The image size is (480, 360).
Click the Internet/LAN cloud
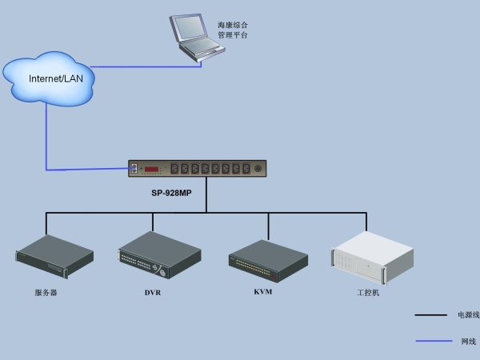tap(50, 77)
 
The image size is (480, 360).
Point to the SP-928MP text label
tap(172, 193)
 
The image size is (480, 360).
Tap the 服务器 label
tap(46, 293)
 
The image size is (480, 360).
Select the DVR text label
tap(153, 293)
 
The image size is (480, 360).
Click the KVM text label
tap(263, 292)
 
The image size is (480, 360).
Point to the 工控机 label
tap(368, 293)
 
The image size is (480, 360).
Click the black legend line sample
tap(430, 315)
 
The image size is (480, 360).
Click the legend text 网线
tap(468, 342)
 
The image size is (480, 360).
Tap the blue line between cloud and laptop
tap(144, 67)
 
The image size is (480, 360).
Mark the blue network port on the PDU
tap(134, 168)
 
